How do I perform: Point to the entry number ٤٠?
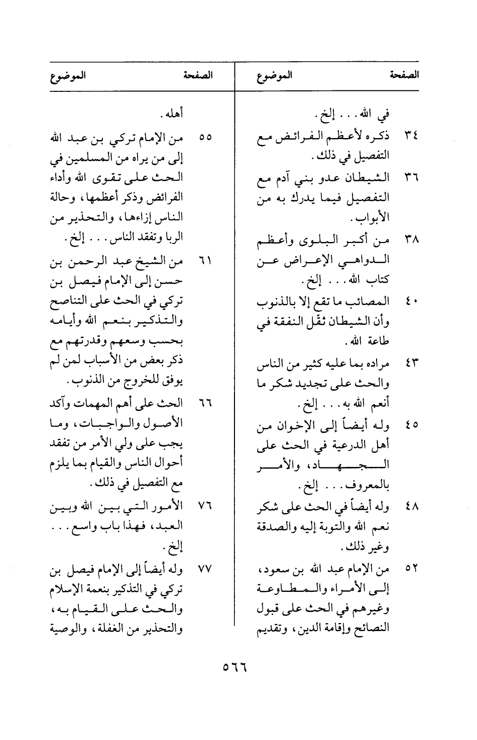coord(411,302)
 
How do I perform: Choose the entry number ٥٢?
coord(411,569)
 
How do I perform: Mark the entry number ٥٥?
coord(205,137)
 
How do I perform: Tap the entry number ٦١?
coord(206,262)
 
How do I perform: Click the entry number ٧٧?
coord(205,570)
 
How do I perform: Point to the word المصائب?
coord(372,302)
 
